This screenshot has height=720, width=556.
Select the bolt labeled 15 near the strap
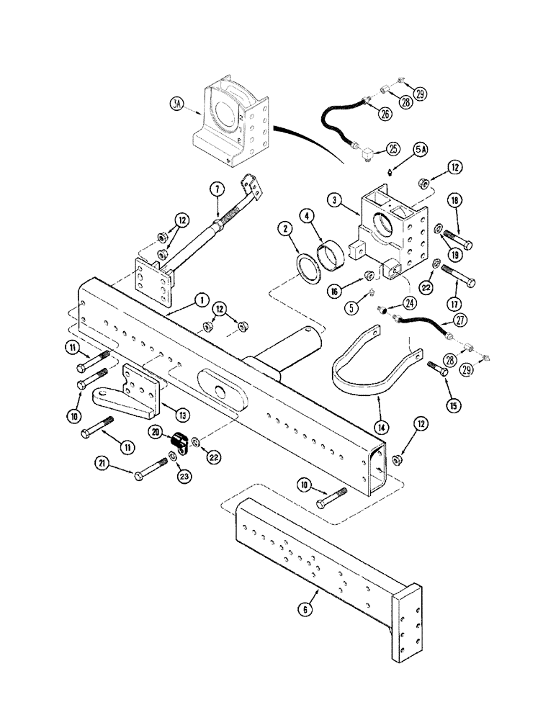click(436, 370)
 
